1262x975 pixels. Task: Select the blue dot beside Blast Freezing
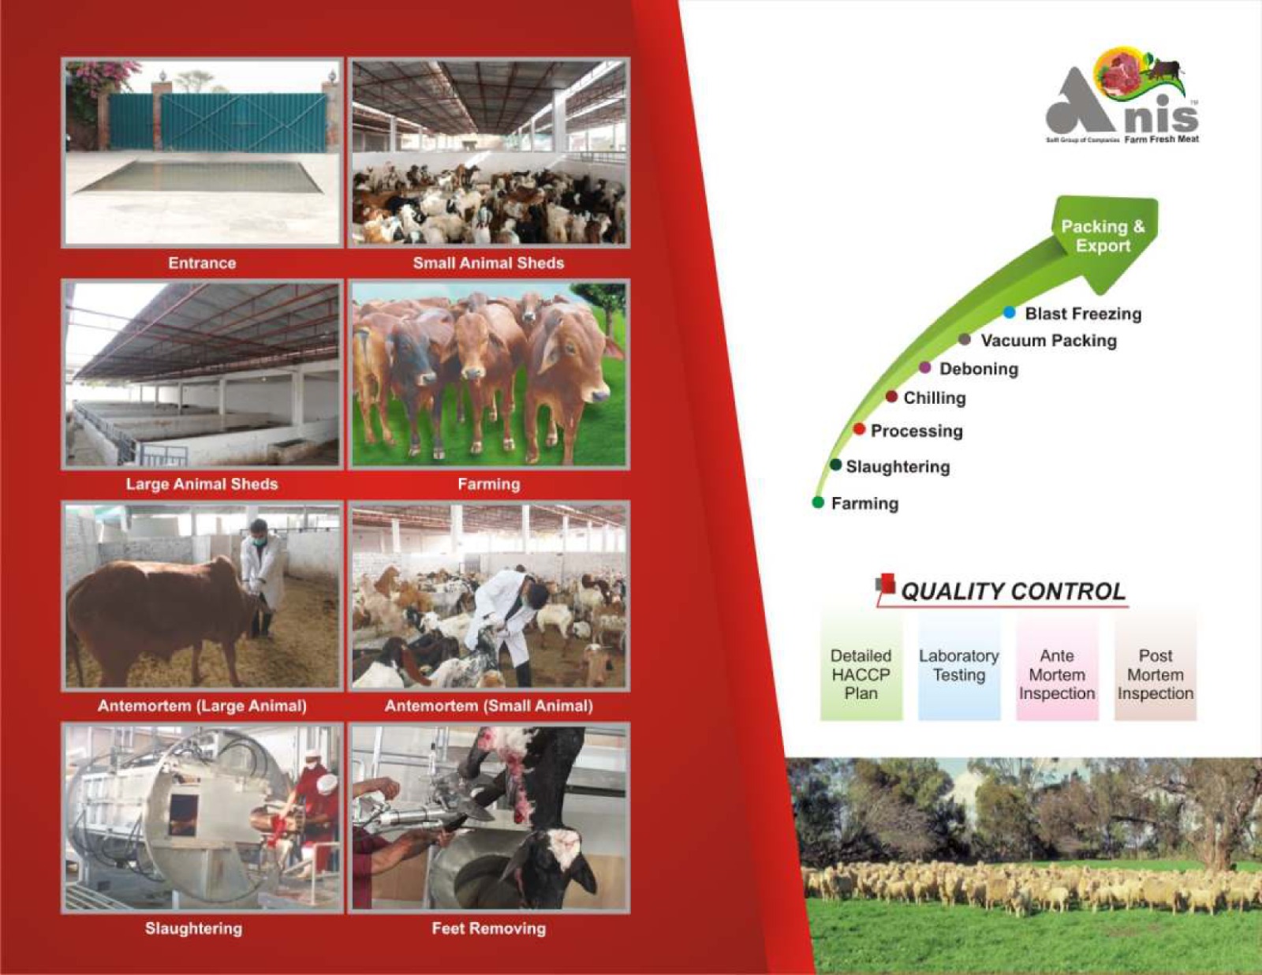[x=1010, y=312]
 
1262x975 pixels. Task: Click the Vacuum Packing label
[x=1049, y=340]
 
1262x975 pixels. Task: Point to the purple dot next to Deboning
[x=925, y=368]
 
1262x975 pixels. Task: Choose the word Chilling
[x=935, y=398]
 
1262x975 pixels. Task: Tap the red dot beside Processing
[x=860, y=429]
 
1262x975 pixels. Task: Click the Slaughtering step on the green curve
[x=898, y=466]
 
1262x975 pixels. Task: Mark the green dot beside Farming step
[x=818, y=502]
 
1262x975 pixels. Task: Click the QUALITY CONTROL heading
[x=1014, y=591]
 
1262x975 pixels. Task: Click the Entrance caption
[x=202, y=263]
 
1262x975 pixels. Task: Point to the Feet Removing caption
[x=489, y=928]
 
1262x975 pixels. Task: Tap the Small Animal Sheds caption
[x=489, y=263]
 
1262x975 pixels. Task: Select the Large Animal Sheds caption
[x=202, y=484]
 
